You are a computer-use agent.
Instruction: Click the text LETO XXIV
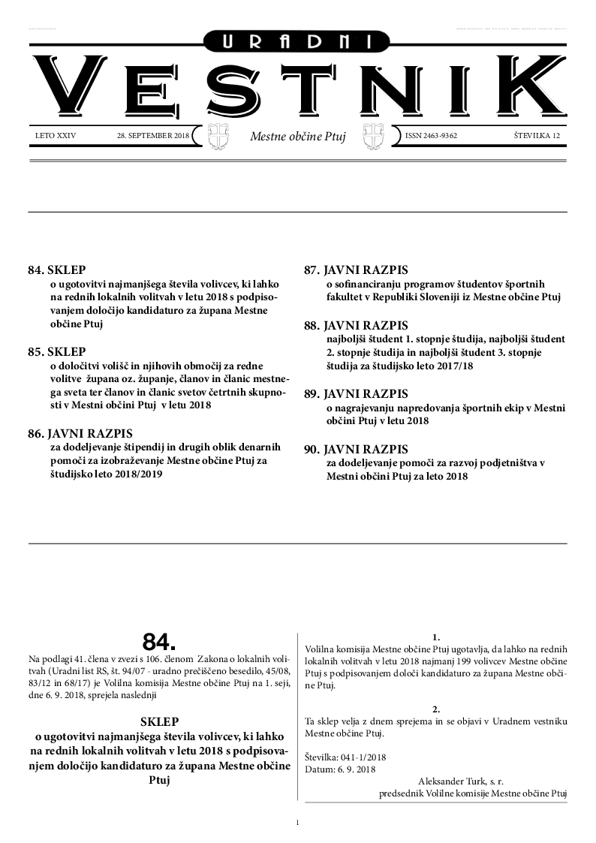(56, 136)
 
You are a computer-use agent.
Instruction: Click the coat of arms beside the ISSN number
(373, 137)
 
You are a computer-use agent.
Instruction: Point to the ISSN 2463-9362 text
(431, 136)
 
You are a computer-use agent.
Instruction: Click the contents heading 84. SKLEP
(56, 269)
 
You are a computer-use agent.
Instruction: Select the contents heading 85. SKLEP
(56, 351)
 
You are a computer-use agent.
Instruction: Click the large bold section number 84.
(159, 642)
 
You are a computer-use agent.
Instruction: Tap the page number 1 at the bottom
(298, 823)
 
